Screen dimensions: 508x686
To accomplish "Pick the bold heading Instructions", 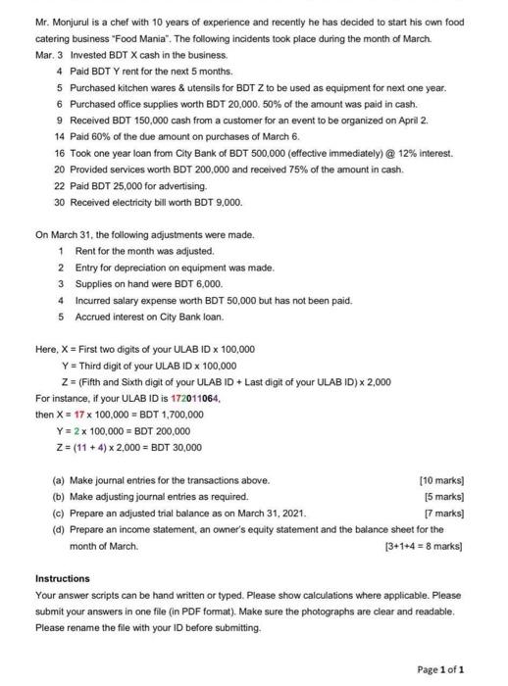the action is pyautogui.click(x=62, y=578).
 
